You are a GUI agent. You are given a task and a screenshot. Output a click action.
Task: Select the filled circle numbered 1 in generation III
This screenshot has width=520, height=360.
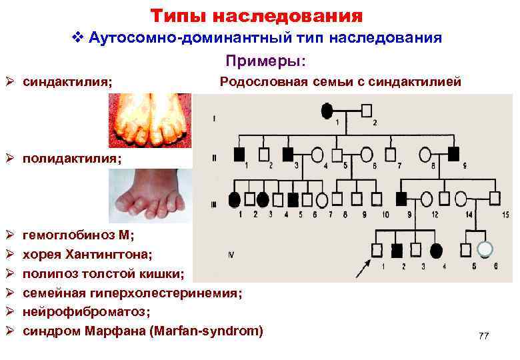pyautogui.click(x=234, y=199)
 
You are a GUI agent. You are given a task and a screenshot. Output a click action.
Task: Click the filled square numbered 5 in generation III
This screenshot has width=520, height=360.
pyautogui.click(x=293, y=199)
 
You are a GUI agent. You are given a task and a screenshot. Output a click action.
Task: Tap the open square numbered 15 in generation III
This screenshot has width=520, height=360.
pyautogui.click(x=495, y=198)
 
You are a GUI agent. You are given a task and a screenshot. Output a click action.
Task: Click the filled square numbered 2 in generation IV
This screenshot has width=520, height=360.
pyautogui.click(x=397, y=251)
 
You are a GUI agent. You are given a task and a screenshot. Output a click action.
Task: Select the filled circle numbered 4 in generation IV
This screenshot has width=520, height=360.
pyautogui.click(x=437, y=251)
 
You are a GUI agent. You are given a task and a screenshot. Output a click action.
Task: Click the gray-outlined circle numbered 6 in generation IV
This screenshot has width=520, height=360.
pyautogui.click(x=486, y=249)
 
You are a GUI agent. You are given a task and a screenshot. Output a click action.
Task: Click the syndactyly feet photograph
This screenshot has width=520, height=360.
pyautogui.click(x=150, y=120)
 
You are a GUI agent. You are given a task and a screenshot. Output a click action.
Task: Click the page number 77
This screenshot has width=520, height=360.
pyautogui.click(x=483, y=336)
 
